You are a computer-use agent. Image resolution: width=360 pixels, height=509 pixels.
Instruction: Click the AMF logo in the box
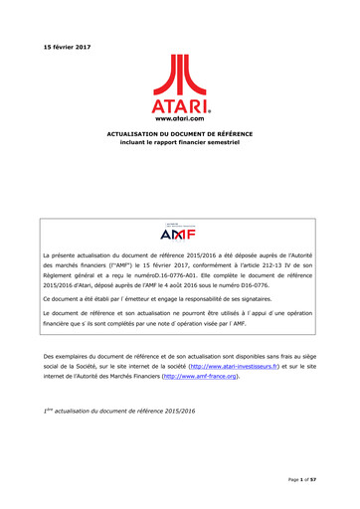click(x=179, y=206)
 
